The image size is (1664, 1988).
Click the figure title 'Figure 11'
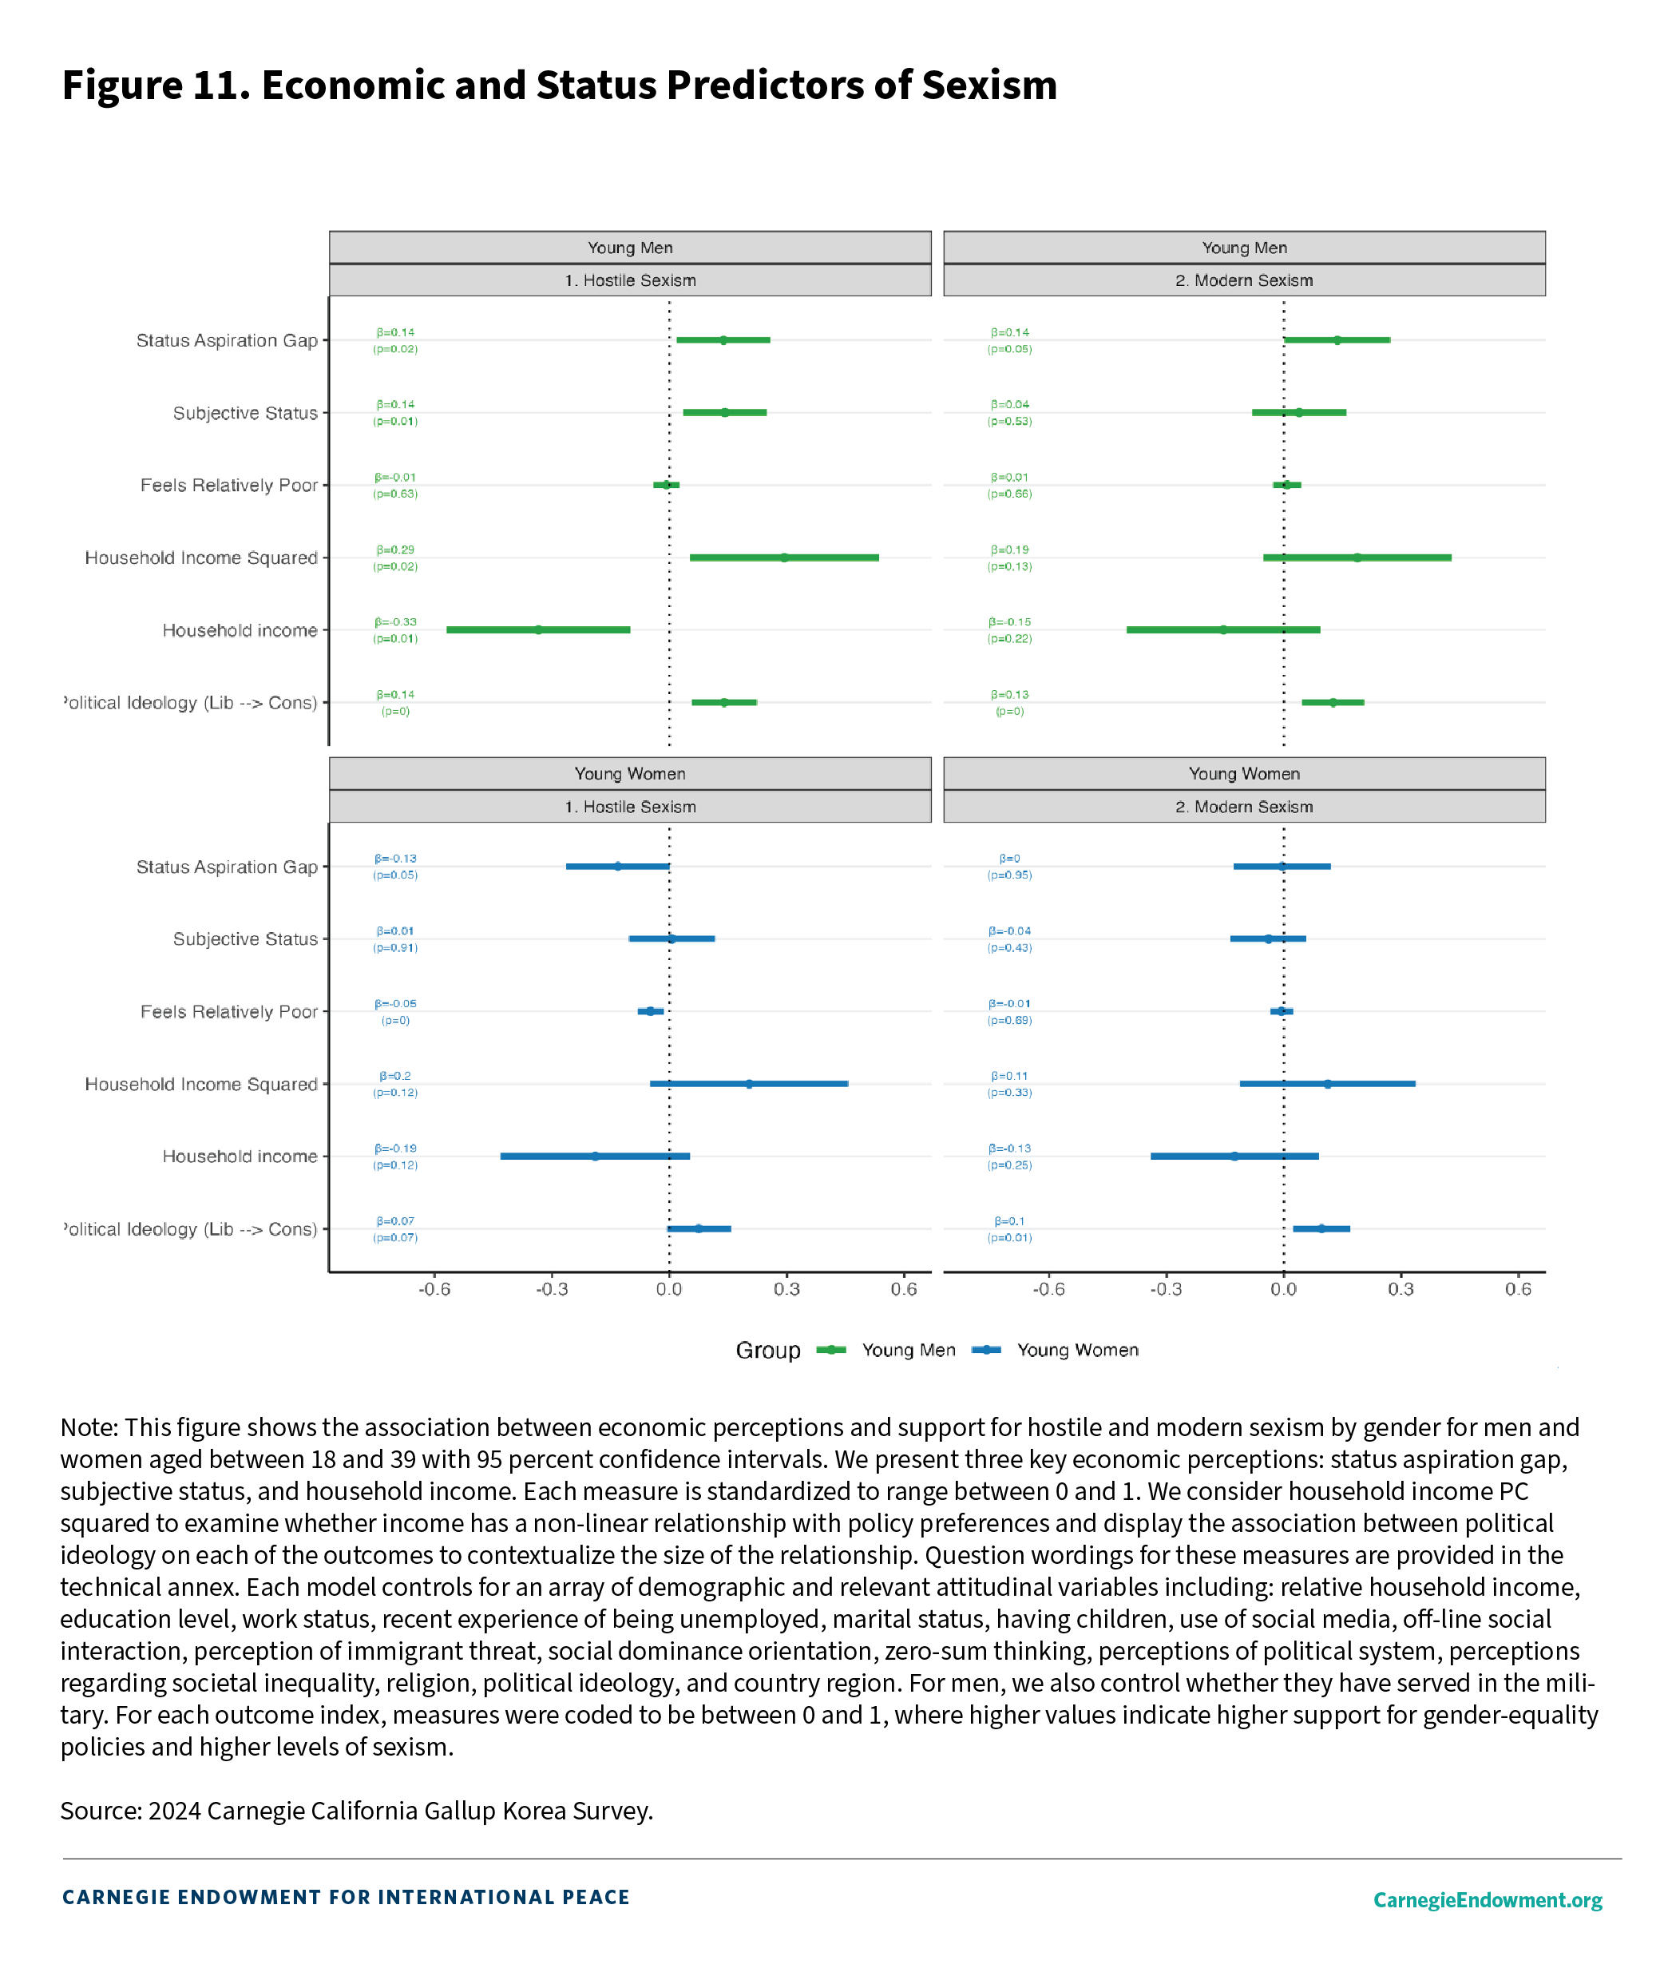[156, 85]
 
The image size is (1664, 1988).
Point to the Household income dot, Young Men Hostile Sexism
[539, 629]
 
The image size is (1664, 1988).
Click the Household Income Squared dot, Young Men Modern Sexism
[1357, 558]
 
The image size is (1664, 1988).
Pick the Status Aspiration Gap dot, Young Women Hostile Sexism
[617, 866]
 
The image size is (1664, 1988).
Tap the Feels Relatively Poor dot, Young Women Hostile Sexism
[650, 1011]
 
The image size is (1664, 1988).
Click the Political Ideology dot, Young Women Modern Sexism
[1321, 1228]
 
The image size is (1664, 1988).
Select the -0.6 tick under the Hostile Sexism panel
[434, 1288]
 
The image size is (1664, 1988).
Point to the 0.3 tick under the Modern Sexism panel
[1401, 1288]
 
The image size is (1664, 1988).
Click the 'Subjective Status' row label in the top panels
[245, 413]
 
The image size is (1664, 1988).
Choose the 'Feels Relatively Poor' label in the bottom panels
[229, 1012]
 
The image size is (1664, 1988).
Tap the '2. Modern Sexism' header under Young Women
[1244, 807]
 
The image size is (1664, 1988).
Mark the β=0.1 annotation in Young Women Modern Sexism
[1009, 1221]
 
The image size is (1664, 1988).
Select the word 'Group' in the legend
[767, 1350]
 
